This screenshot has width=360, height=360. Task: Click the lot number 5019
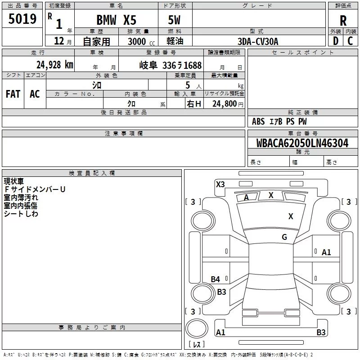pos(22,19)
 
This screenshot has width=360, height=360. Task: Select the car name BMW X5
pos(116,20)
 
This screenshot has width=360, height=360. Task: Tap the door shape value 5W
pos(174,20)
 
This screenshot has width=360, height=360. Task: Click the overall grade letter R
pos(343,21)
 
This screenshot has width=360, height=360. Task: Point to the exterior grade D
pos(336,41)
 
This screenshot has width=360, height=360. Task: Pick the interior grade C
pos(350,41)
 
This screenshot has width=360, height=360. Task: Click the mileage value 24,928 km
pos(54,65)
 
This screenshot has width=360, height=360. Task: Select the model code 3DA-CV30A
pos(258,41)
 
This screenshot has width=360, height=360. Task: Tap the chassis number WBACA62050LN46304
pos(302,143)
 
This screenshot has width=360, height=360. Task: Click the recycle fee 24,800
pos(224,104)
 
